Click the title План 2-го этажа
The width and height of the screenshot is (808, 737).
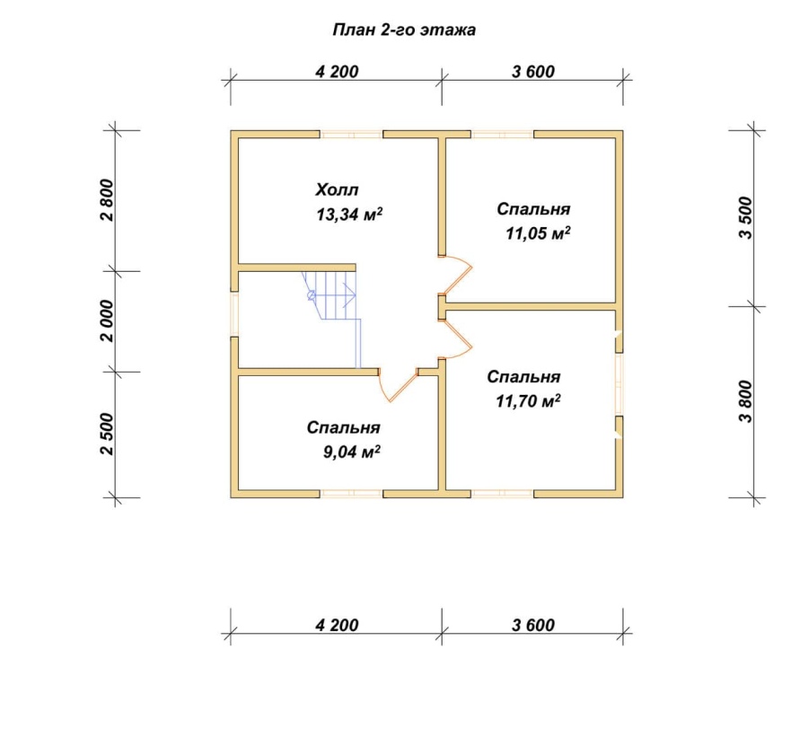404,31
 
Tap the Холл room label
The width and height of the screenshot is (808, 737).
337,189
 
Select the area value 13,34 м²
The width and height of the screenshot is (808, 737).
349,214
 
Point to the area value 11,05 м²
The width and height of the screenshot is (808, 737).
538,233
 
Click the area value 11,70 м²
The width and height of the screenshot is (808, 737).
528,400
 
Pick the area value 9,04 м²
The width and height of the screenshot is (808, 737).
352,452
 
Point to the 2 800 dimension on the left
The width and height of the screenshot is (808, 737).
107,200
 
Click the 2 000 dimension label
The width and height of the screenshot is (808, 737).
107,320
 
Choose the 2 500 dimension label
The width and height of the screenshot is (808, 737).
107,434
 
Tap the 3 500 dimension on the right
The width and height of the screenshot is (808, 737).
746,218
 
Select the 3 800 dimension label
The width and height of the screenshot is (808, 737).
746,402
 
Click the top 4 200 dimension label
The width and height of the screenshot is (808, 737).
337,72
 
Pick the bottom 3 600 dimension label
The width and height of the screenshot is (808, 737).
533,625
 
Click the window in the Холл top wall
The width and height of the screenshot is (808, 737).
352,135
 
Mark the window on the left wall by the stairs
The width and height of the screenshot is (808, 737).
234,314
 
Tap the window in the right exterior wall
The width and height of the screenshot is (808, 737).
619,384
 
